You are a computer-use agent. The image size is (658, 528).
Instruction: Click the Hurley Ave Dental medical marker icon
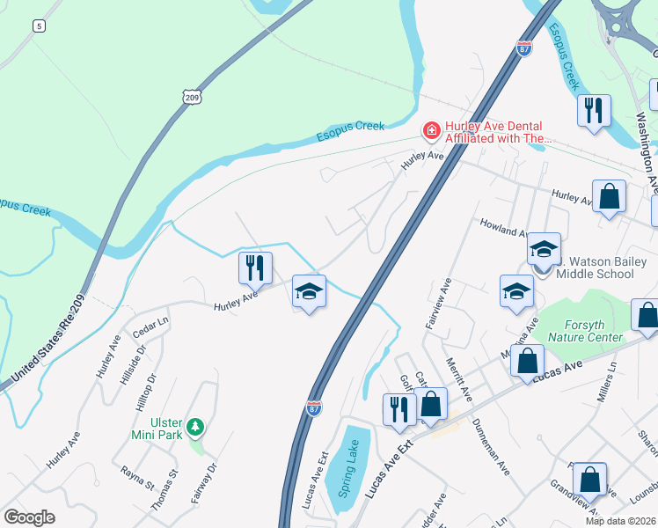(431, 132)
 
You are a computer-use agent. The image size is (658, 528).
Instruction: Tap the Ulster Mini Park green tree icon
(195, 428)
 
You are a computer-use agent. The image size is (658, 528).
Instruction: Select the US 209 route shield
(192, 97)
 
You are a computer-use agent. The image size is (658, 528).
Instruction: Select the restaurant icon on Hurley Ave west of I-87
(256, 267)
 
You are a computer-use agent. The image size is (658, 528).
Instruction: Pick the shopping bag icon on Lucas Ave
(527, 361)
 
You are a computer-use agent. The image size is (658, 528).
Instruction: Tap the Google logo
(29, 517)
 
